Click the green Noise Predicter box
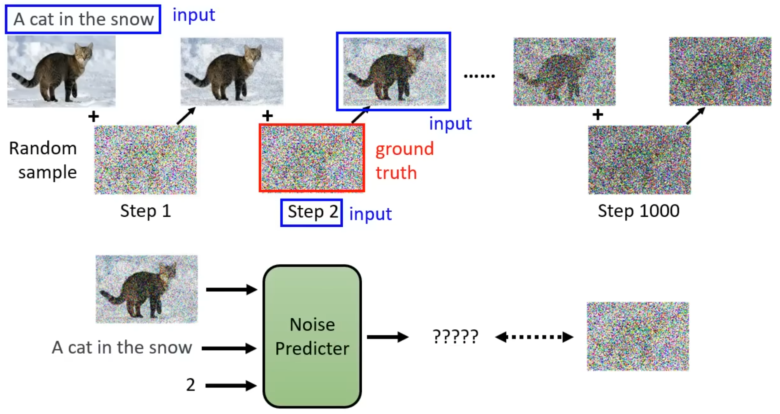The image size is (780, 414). pos(312,336)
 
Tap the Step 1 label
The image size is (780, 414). pos(146,211)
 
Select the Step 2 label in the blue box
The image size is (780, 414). pos(312,212)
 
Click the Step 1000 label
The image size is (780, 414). pos(638,211)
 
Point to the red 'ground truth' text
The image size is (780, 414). pos(404,161)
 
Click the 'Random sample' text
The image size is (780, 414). pos(43,160)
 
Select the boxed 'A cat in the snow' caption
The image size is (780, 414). pos(83,19)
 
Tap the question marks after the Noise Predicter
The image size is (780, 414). pos(455,336)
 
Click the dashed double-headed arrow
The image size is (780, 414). pos(534,337)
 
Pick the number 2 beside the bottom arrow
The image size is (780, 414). pos(190,385)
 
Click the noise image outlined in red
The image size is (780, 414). pos(312,158)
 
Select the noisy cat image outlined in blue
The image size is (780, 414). pos(394,71)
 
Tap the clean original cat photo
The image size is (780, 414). pos(61,71)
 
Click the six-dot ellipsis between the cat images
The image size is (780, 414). pos(479,76)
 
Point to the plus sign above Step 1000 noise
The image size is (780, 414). pos(598,115)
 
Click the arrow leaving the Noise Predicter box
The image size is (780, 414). pos(387,337)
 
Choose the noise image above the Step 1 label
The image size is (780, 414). pos(146,160)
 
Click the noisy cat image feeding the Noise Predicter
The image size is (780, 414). pos(146,289)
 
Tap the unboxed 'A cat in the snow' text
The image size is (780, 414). pos(122,348)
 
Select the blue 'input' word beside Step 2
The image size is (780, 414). pos(370,214)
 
